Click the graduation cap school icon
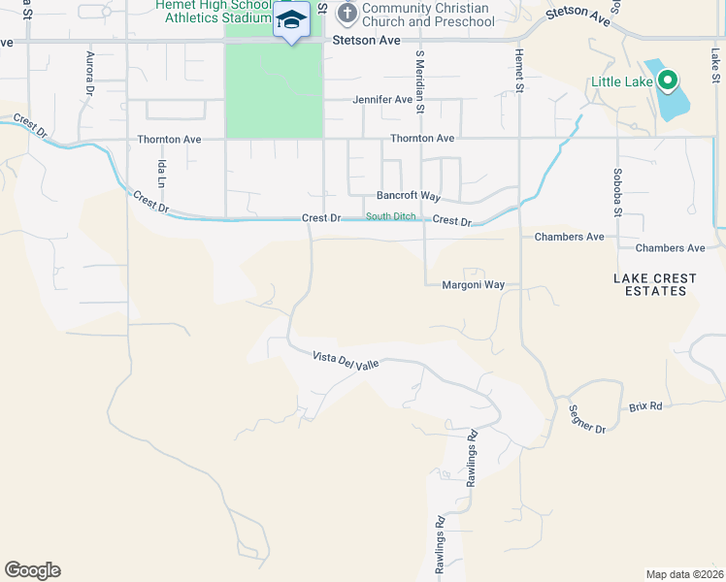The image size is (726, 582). (x=290, y=19)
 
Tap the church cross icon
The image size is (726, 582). (x=346, y=14)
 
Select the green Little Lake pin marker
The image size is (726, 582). (x=667, y=81)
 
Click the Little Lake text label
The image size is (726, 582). (x=622, y=81)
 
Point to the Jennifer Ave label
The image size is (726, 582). (x=382, y=100)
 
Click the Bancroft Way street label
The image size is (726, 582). (x=403, y=196)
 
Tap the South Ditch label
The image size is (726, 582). (x=391, y=216)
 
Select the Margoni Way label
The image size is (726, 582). (x=474, y=285)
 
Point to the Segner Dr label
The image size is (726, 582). (x=587, y=419)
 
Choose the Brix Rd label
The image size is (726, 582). (x=645, y=405)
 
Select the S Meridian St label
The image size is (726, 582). (x=420, y=82)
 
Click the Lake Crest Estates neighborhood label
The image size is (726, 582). (x=655, y=284)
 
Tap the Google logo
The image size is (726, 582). (x=32, y=570)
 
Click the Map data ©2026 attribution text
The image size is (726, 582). (x=685, y=574)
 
